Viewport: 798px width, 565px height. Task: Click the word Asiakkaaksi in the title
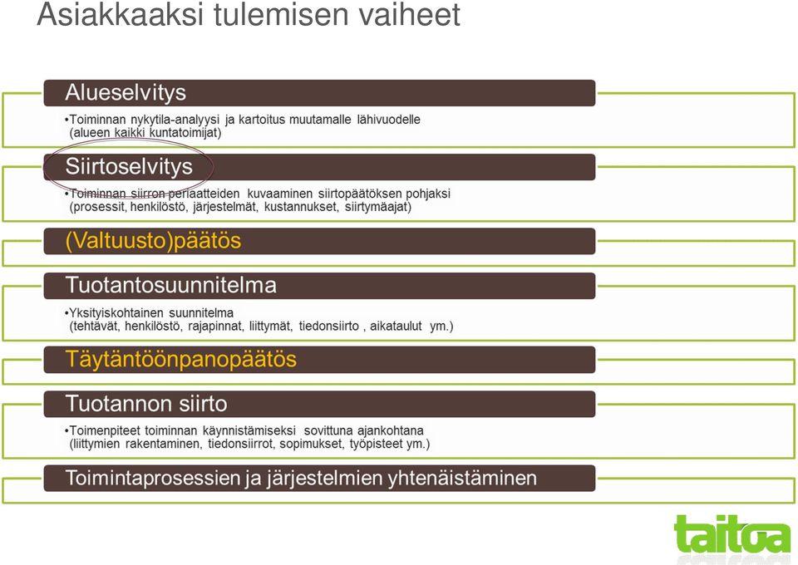pyautogui.click(x=120, y=14)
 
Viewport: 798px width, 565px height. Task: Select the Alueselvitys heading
pyautogui.click(x=126, y=92)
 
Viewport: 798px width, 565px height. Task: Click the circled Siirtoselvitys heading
pyautogui.click(x=129, y=167)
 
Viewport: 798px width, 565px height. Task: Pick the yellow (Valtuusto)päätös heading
pyautogui.click(x=153, y=241)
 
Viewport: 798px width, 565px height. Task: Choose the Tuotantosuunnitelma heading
pyautogui.click(x=171, y=285)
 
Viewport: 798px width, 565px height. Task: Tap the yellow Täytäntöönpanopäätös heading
pyautogui.click(x=181, y=360)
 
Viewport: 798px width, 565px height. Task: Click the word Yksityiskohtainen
pyautogui.click(x=115, y=313)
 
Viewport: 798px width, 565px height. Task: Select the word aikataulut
pyautogui.click(x=396, y=327)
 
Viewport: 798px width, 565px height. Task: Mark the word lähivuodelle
pyautogui.click(x=389, y=120)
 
